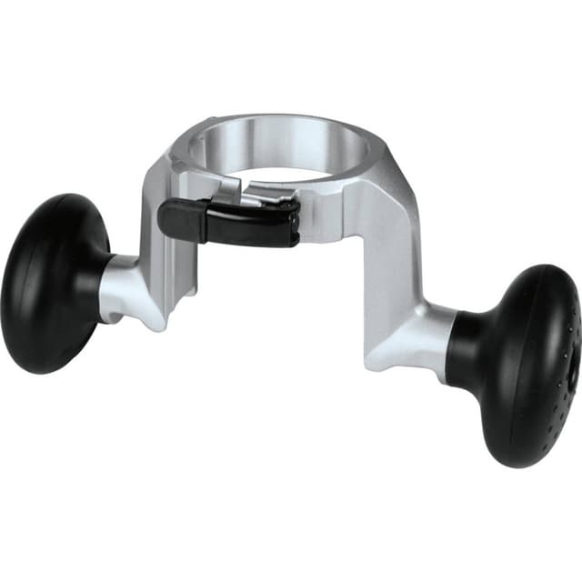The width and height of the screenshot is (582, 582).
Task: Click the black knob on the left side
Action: pos(50,282)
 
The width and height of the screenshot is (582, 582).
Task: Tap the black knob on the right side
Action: pos(523,364)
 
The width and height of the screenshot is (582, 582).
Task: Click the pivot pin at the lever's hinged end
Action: pos(289,216)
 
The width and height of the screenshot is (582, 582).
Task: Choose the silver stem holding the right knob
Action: pos(418,336)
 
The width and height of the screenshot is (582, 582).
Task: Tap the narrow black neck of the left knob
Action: pos(98,273)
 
